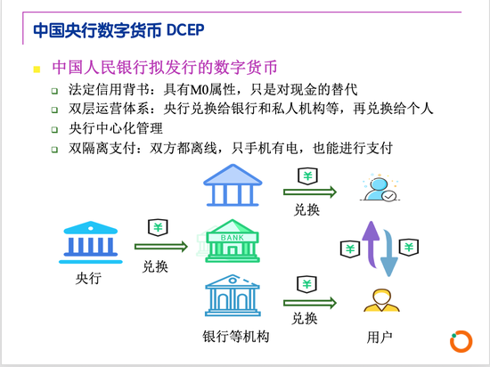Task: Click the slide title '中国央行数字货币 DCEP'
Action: tap(118, 30)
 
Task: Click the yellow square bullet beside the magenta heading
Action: tap(37, 69)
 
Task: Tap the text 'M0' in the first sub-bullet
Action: tap(200, 90)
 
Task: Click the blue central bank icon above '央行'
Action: tap(91, 242)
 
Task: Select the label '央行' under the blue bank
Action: tap(88, 278)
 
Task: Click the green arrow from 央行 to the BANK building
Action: tap(161, 247)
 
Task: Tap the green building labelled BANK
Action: tap(232, 241)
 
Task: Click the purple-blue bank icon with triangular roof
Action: tap(233, 185)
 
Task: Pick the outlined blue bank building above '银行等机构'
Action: tap(233, 296)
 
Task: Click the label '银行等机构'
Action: tap(236, 337)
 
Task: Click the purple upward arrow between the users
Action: tap(372, 244)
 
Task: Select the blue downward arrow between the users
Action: tap(389, 253)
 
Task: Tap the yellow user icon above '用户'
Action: tap(381, 300)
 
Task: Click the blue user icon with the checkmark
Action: tap(380, 189)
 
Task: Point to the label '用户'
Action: tap(380, 338)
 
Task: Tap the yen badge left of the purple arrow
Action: tap(350, 249)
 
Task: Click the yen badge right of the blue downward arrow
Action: tap(409, 248)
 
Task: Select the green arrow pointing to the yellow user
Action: tap(310, 303)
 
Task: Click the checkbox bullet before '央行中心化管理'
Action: tap(54, 130)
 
